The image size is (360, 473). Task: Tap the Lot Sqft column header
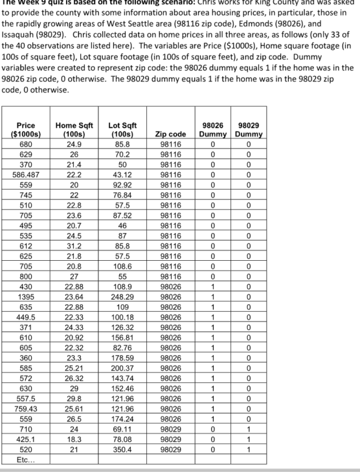tap(118, 129)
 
